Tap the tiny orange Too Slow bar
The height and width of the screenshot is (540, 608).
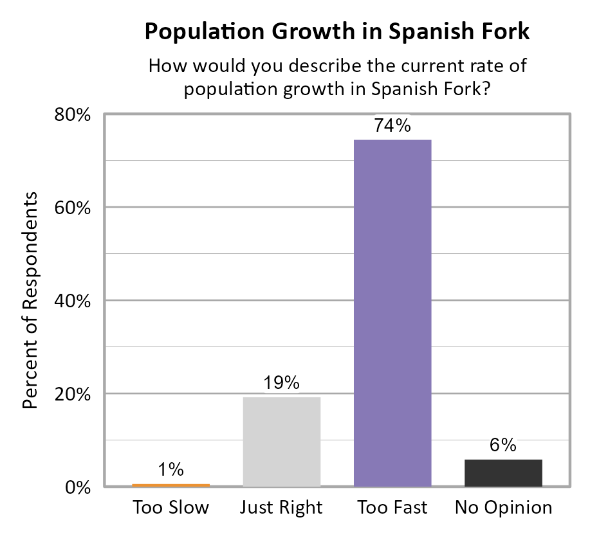coord(171,485)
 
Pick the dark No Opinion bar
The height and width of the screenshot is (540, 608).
coord(503,473)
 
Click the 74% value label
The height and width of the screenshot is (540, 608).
coord(392,126)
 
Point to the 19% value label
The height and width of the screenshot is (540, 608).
coord(282,383)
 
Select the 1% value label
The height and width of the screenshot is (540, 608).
coord(171,470)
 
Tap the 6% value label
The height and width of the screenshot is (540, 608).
coord(503,445)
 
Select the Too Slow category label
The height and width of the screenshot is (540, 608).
coord(171,507)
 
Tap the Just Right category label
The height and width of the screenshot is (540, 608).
coord(281,507)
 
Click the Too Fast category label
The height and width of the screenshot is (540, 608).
coord(392,507)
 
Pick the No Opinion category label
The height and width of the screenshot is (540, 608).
coord(503,507)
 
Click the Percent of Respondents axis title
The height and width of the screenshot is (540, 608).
coord(30,301)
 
